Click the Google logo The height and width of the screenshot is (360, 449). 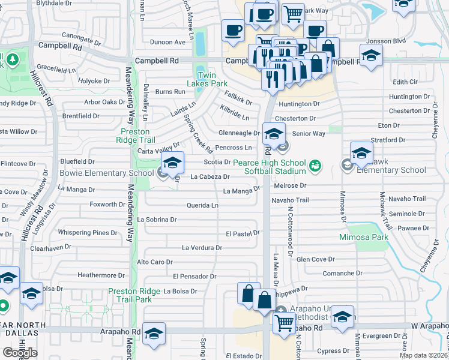point(20,353)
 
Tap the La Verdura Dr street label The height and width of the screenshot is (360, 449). point(202,247)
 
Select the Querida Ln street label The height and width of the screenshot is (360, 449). point(202,205)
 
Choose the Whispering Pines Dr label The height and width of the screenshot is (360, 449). point(88,233)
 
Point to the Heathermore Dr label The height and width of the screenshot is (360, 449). point(101,275)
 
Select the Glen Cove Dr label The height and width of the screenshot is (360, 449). point(315,259)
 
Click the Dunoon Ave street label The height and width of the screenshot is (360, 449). point(168,42)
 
